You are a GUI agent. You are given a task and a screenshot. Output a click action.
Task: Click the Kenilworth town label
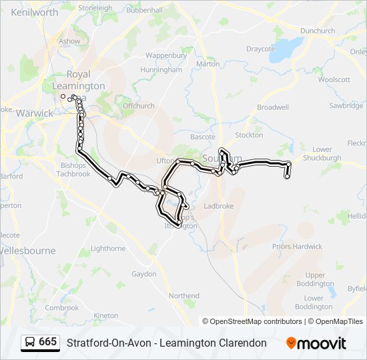coord(35,13)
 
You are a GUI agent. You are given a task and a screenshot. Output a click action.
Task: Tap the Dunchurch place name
coord(318,31)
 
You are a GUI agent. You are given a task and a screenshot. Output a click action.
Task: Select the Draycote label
coord(260,49)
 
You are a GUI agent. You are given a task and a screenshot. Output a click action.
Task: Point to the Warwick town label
coord(35,113)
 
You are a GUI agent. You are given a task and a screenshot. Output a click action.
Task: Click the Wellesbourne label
coord(28,251)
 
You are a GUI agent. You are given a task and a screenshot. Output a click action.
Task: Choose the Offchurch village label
coord(138,105)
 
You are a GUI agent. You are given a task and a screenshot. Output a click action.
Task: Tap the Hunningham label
coord(161,69)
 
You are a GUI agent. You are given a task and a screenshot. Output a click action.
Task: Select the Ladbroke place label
coord(219,206)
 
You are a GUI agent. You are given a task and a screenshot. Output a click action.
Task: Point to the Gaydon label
coord(143,274)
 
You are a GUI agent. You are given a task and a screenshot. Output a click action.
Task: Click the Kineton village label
coord(106,315)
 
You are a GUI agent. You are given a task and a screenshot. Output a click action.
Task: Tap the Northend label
coord(183,295)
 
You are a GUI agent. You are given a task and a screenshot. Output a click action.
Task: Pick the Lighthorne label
coord(107,249)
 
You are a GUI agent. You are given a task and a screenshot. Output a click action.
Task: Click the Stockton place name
coord(249,135)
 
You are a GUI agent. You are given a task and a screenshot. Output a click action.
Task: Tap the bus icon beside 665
coord(30,342)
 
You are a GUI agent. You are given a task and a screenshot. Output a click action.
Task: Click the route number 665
coord(47,342)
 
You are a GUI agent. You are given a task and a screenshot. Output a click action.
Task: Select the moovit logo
coord(316,343)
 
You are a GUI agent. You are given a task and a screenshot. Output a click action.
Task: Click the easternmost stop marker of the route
coord(289,164)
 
